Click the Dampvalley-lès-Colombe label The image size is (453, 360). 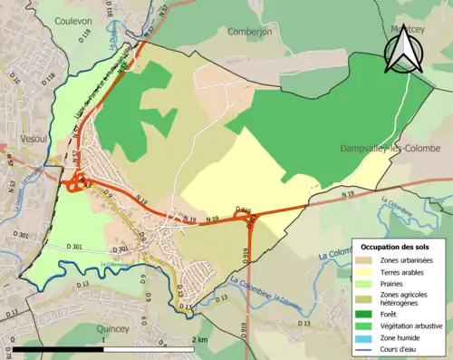(x=390, y=148)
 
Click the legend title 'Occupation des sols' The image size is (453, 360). (x=397, y=247)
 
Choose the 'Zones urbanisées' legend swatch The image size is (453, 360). (x=367, y=261)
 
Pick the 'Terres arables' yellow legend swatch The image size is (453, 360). (x=367, y=273)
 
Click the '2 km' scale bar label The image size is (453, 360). (x=199, y=339)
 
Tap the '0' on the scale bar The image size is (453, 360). (x=14, y=339)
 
